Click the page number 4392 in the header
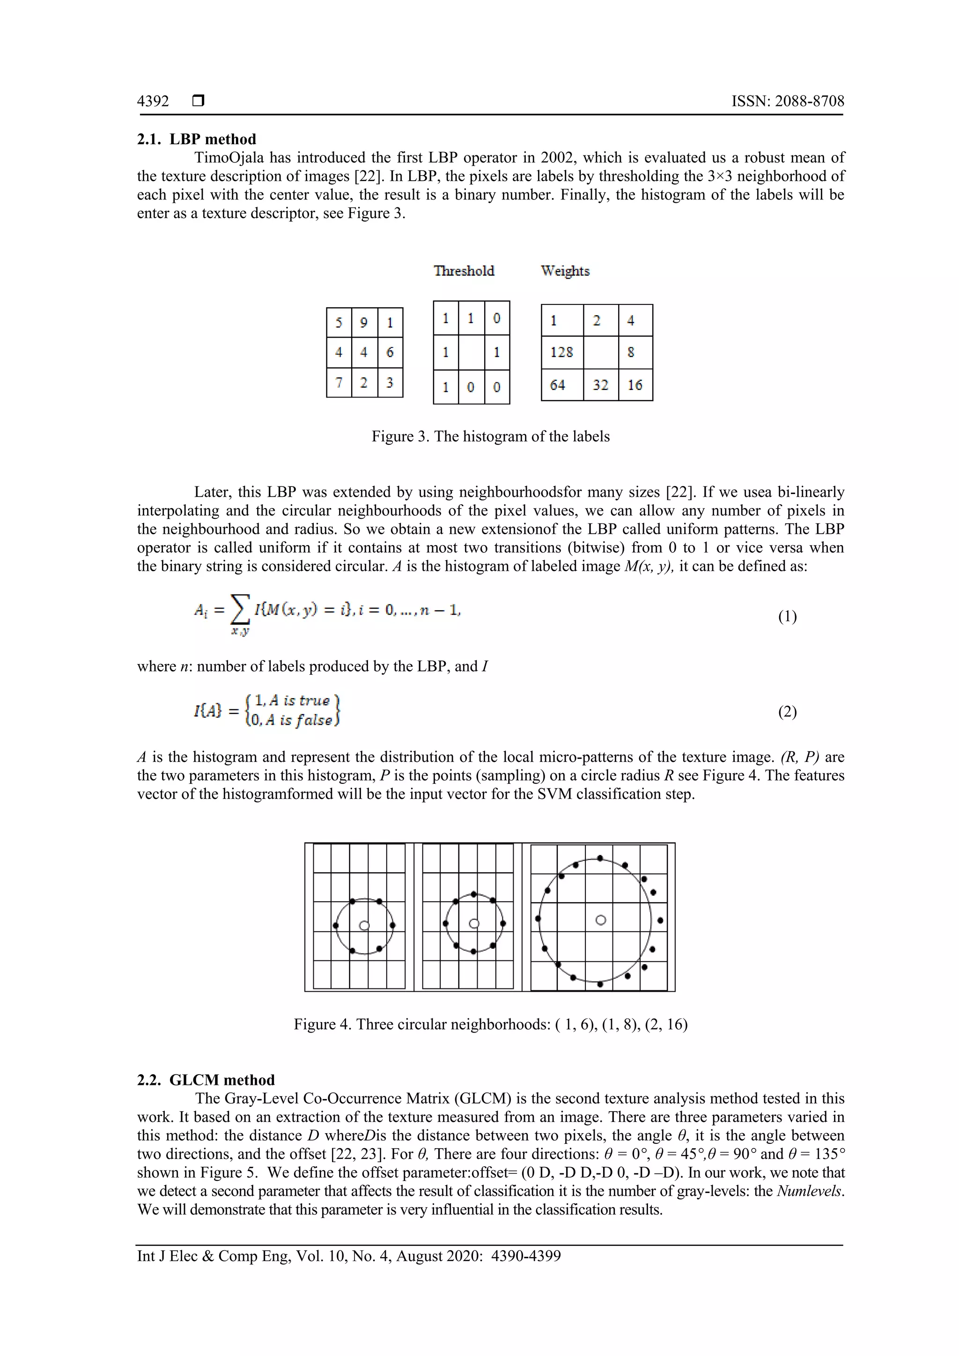click(x=153, y=101)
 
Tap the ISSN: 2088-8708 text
click(x=787, y=101)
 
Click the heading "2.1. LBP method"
click(x=197, y=140)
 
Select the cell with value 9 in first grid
click(x=364, y=323)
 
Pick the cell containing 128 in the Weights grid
click(x=561, y=353)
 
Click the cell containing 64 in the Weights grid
click(x=557, y=385)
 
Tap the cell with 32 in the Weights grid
click(x=601, y=385)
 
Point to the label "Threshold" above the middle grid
click(x=464, y=271)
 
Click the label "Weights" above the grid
click(x=565, y=271)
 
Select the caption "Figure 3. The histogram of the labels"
click(x=490, y=436)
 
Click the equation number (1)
click(x=787, y=617)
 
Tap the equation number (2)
click(x=787, y=712)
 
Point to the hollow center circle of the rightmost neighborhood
click(x=601, y=920)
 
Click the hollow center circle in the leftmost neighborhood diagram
click(x=364, y=925)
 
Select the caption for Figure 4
click(x=490, y=1024)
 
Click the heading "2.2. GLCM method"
click(x=206, y=1080)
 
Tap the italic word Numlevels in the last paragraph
click(x=810, y=1191)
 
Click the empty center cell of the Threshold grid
click(x=471, y=353)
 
